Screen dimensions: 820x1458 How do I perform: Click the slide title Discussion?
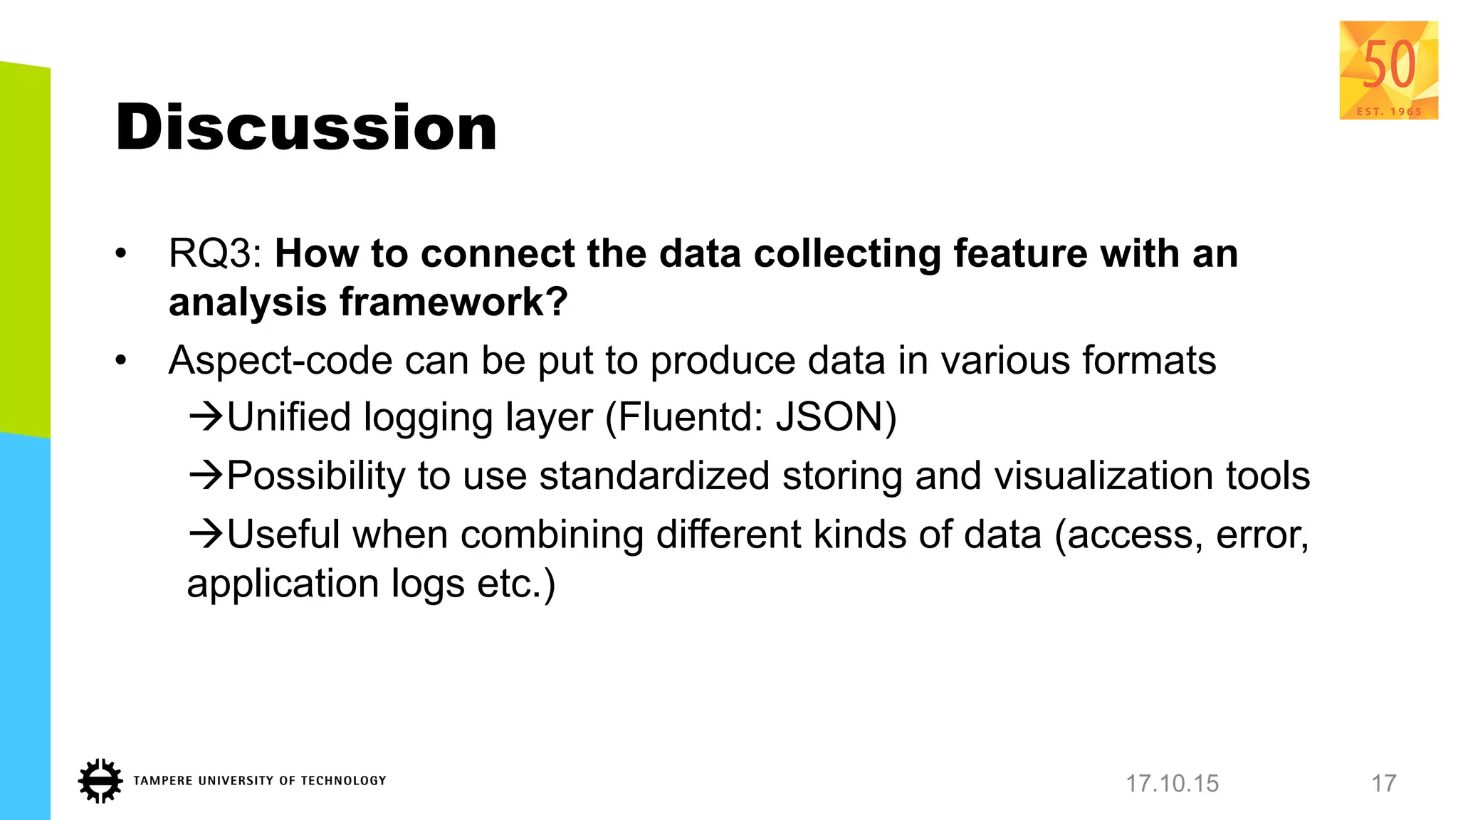coord(306,127)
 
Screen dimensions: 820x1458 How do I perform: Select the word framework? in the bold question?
coord(453,302)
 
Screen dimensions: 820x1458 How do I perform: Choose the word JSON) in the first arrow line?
coord(836,417)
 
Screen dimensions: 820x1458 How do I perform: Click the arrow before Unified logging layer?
coord(206,416)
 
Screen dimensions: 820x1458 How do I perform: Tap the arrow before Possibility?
coord(206,475)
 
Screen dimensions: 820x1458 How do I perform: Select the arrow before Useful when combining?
coord(206,534)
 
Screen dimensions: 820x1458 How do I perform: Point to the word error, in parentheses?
coord(1262,535)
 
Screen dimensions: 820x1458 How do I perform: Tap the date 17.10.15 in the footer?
coord(1172,784)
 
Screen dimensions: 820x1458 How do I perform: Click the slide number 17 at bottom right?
coord(1384,784)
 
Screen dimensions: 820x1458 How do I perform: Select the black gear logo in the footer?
coord(100,781)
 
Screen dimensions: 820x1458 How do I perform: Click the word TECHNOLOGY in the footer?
coord(343,781)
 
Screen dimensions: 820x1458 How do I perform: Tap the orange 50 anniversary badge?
coord(1388,70)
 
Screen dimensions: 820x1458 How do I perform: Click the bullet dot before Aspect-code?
coord(121,361)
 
